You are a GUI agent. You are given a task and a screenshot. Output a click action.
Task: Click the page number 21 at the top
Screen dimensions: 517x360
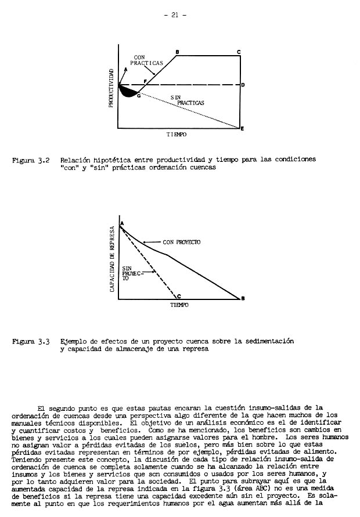pos(174,16)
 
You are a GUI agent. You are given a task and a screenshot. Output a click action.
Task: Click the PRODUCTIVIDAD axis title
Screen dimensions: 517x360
pos(110,88)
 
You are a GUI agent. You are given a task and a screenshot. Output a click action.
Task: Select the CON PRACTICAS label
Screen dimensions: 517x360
pos(147,60)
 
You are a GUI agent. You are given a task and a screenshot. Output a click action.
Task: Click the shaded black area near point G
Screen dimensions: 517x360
pos(128,92)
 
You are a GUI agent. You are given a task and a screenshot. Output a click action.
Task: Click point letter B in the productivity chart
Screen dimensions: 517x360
pos(177,52)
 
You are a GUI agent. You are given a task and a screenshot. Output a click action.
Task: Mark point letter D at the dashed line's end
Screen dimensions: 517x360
pos(242,85)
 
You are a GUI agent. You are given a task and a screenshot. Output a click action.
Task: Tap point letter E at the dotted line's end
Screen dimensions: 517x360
pos(242,128)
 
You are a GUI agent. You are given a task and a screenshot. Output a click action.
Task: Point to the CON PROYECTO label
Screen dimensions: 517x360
pos(181,242)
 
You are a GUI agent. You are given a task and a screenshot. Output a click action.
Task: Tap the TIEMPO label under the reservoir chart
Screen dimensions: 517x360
pos(179,304)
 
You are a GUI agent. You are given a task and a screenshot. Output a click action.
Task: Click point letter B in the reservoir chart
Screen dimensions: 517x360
pos(242,298)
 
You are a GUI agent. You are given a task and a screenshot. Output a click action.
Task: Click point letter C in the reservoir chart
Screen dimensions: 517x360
pos(179,296)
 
